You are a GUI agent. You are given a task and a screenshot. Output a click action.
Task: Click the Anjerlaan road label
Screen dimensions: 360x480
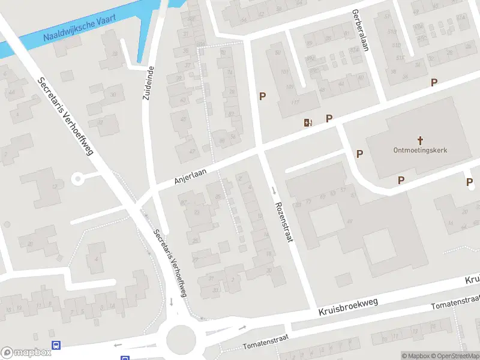190,176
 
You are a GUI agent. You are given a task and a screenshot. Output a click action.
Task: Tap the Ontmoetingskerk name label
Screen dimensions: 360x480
421,151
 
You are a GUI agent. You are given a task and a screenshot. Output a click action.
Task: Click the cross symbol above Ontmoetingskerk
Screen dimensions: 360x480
421,139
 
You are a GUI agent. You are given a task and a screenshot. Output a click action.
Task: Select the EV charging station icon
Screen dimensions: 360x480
308,122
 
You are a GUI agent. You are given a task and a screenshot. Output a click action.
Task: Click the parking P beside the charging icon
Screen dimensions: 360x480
329,118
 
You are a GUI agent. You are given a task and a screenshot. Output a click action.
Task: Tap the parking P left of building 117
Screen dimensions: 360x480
262,96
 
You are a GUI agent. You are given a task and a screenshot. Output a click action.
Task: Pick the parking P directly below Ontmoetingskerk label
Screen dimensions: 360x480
401,179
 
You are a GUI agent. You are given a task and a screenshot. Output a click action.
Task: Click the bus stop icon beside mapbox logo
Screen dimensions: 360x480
56,345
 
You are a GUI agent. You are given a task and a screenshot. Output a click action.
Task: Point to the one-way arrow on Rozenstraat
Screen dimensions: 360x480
274,191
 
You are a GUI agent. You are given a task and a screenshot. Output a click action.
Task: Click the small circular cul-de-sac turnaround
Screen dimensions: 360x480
77,178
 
